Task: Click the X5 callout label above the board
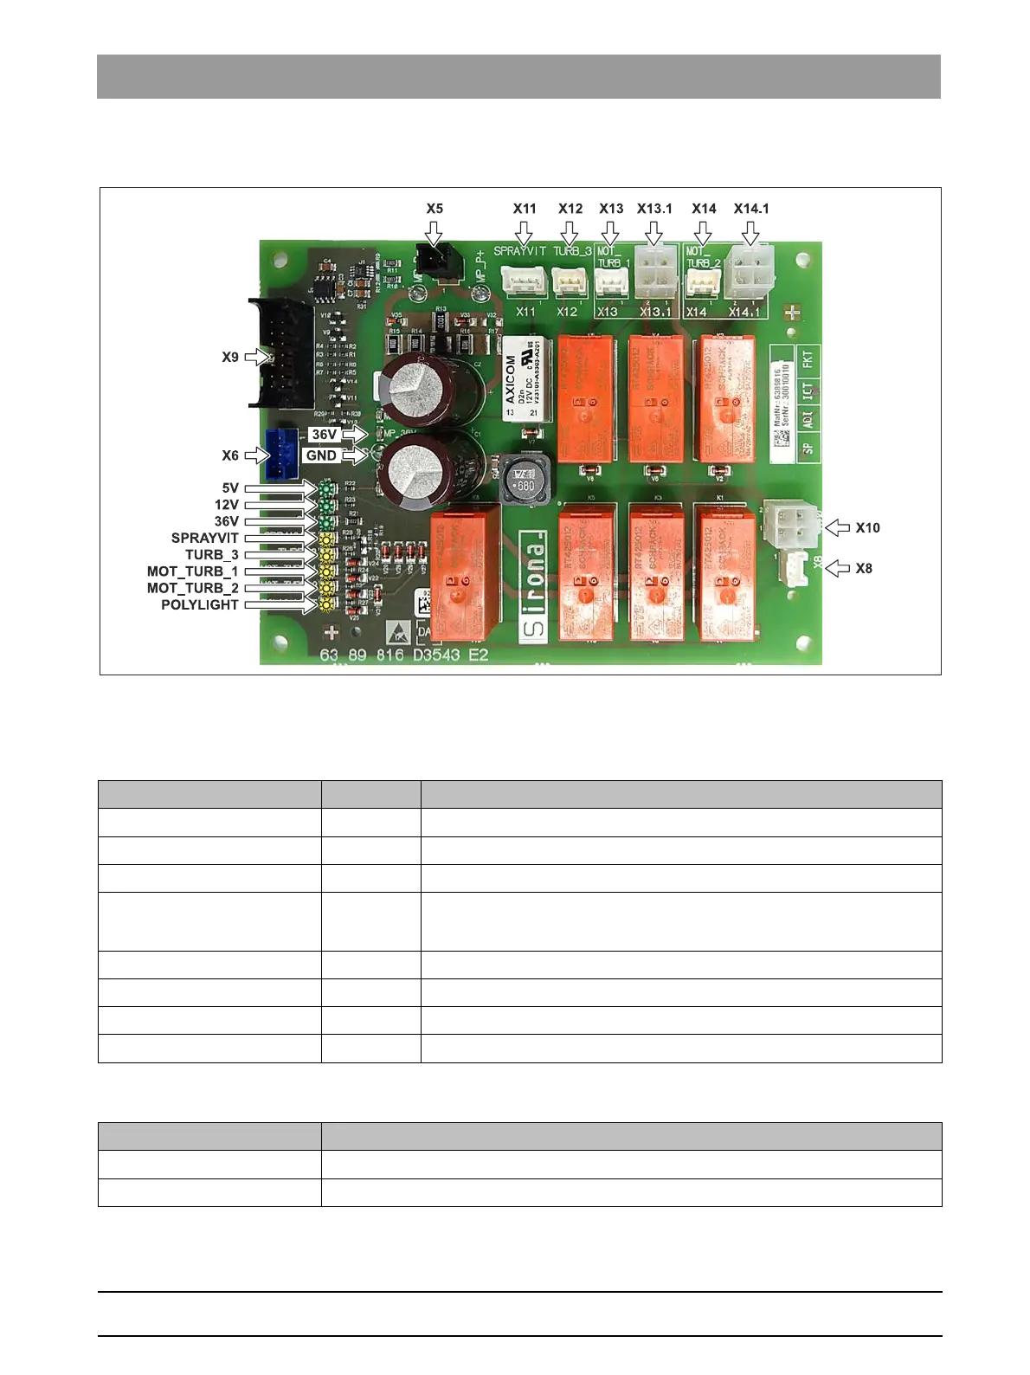435,209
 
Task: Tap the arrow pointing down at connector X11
524,234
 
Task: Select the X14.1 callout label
751,209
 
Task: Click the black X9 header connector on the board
281,353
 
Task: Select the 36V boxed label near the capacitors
325,435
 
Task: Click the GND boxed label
321,455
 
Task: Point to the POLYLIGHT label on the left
199,605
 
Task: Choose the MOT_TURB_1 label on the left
192,571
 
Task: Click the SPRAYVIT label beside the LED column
204,538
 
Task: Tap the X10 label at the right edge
867,527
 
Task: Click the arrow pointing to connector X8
838,568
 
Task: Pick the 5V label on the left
229,488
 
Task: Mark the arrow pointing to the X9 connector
258,357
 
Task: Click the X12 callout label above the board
570,209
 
